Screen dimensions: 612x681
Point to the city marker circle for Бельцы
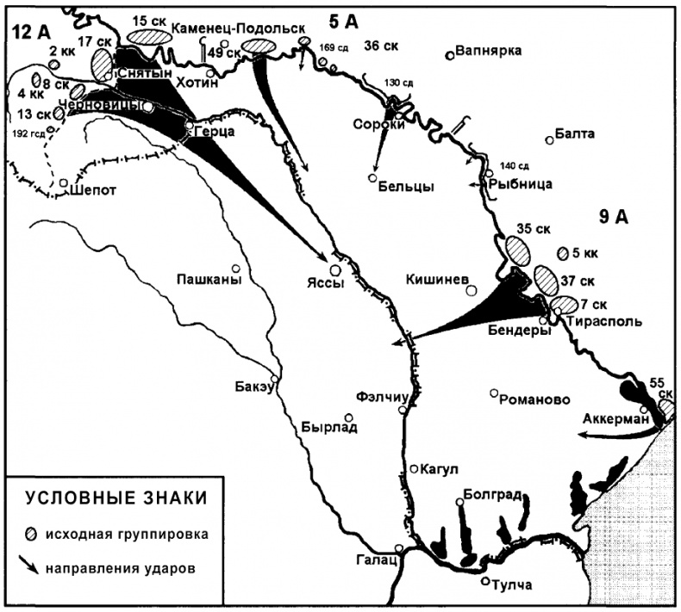click(372, 178)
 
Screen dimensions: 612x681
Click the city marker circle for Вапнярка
click(450, 57)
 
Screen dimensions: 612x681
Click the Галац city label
click(373, 560)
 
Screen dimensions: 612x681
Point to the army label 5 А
click(348, 16)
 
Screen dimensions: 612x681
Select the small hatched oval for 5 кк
click(564, 253)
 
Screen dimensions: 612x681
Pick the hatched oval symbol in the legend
click(32, 533)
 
